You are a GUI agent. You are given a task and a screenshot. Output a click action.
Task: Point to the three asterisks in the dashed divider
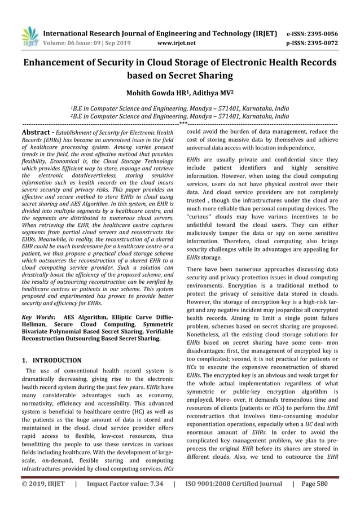pyautogui.click(x=183, y=122)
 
